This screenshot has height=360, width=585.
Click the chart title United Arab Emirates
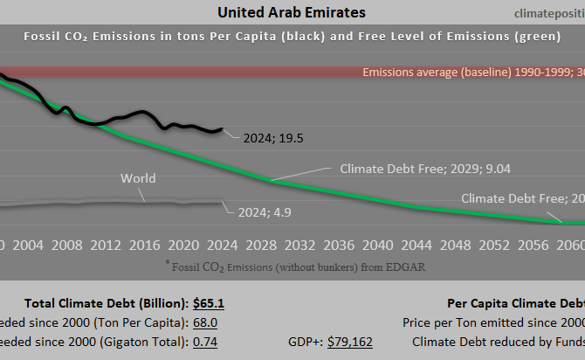291,12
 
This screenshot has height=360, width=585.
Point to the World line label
138,178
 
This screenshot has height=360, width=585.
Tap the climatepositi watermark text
535,13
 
